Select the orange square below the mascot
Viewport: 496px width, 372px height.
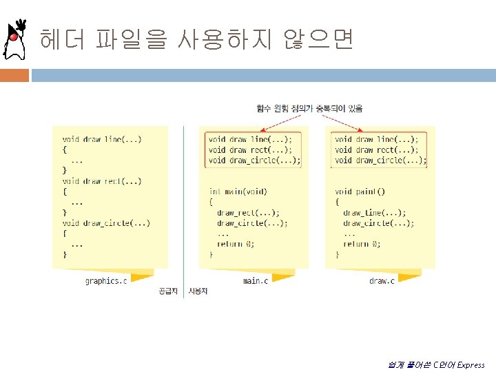[14, 74]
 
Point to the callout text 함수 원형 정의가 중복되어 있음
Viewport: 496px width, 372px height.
[309, 108]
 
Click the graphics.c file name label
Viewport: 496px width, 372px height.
[105, 280]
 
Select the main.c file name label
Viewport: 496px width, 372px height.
[256, 280]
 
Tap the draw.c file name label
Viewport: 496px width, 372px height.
[382, 280]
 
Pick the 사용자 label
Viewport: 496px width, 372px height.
[198, 291]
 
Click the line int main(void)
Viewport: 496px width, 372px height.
[238, 192]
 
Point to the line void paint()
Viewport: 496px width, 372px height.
[360, 192]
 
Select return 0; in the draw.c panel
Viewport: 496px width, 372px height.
[362, 244]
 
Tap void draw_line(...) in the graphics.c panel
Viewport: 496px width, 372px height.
[102, 139]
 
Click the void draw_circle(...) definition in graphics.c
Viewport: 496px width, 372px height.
[106, 223]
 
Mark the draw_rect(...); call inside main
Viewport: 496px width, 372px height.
[249, 213]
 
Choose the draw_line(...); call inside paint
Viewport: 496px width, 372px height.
[375, 213]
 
